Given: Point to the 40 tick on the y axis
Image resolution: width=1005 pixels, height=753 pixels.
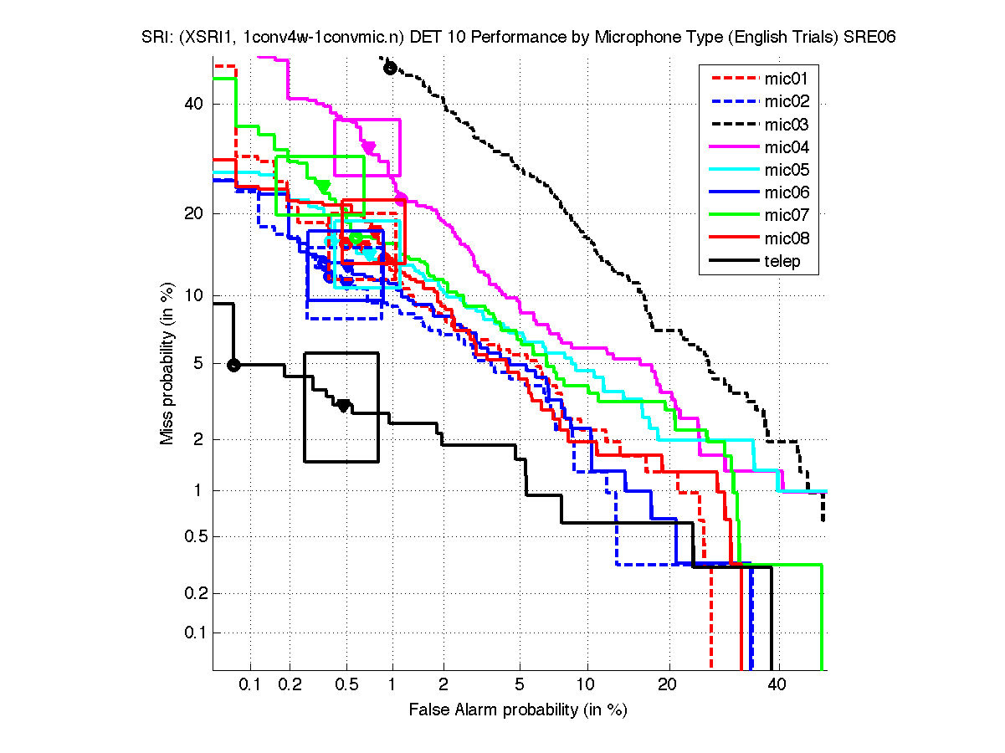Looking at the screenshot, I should pos(194,104).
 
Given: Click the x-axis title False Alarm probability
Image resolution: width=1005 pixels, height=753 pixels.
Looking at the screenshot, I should pos(517,709).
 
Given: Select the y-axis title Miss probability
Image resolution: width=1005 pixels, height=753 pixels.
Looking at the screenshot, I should pos(167,364).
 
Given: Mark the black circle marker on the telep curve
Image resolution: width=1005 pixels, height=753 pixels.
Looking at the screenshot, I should pos(234,365).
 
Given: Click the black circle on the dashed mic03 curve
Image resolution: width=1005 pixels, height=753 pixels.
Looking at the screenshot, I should pos(389,68).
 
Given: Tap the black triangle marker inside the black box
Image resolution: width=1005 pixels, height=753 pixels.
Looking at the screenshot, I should pos(343,406).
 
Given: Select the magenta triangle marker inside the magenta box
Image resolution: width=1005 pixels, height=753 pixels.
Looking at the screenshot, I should pos(368,148).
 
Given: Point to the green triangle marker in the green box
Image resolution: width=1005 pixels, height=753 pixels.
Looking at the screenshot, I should pos(322,186).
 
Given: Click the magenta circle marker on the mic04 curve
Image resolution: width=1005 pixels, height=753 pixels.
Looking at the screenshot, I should pos(401,198).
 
